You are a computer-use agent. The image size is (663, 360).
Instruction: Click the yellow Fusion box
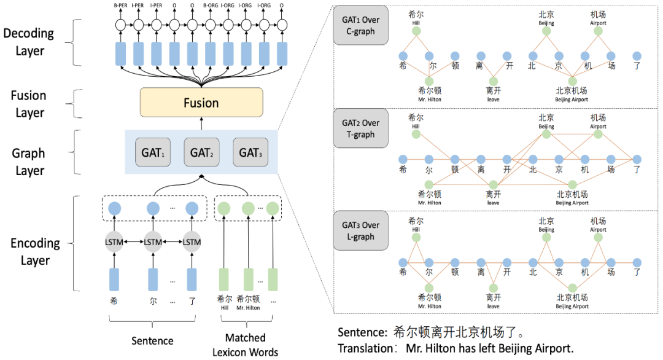(x=201, y=103)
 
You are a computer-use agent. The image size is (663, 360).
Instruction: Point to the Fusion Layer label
(x=28, y=104)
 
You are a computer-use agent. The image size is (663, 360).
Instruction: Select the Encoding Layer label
(x=35, y=251)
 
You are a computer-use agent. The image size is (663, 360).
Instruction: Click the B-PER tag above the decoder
(x=121, y=6)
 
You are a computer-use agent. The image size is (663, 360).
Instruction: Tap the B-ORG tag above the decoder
(x=209, y=6)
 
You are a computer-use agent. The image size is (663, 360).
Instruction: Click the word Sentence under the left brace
(x=152, y=340)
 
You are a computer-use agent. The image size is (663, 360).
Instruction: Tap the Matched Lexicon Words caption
(x=246, y=345)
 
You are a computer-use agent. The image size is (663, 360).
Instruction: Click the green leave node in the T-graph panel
(x=494, y=184)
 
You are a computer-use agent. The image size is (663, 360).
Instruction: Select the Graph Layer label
(x=28, y=161)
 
